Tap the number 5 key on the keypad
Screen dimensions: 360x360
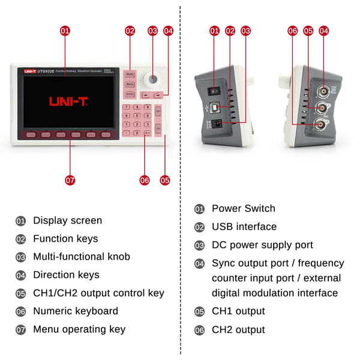[137, 116]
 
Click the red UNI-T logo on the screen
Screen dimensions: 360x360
[69, 102]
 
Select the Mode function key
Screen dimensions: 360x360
[130, 74]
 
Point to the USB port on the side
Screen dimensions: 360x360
[224, 109]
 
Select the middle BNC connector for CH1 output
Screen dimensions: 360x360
[323, 108]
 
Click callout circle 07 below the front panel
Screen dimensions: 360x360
[70, 179]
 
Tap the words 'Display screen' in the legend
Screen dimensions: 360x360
[67, 221]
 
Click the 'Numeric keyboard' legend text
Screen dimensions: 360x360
[76, 311]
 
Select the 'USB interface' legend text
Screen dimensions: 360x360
[244, 227]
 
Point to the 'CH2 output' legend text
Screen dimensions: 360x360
[238, 329]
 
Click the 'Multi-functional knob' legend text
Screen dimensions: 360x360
[82, 257]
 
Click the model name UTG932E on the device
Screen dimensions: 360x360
[46, 71]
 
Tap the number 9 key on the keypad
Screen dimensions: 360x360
[147, 107]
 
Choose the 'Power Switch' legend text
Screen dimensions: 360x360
[243, 208]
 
